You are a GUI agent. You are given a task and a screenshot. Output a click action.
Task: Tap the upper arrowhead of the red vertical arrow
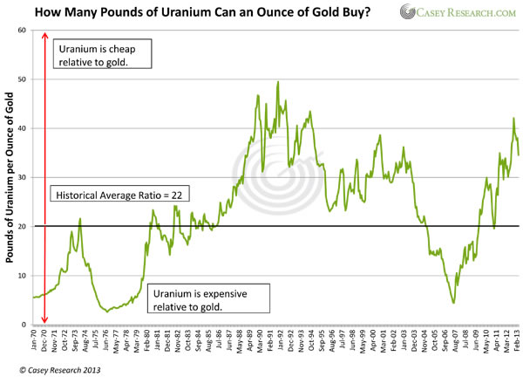(x=44, y=32)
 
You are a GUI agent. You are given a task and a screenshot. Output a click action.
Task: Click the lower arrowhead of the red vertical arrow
(x=44, y=321)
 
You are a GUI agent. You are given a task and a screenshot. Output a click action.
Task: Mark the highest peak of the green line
(x=277, y=82)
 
